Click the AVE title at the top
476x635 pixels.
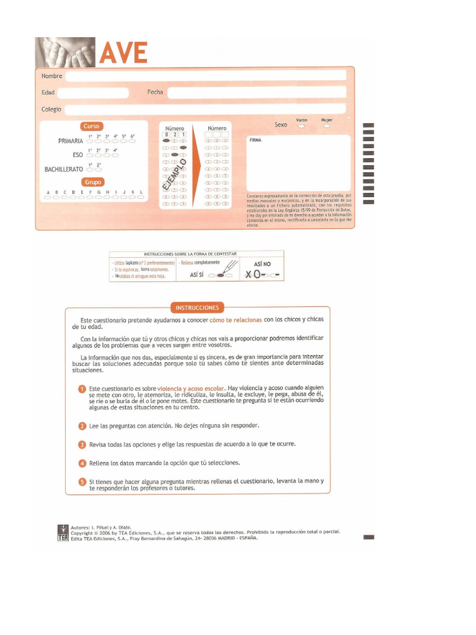click(124, 53)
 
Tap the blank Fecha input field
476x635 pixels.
click(256, 93)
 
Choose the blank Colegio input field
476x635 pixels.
click(205, 110)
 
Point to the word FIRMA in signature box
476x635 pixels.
click(255, 141)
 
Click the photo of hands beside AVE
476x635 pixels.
click(66, 51)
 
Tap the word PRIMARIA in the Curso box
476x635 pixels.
click(70, 141)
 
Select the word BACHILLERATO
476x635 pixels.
click(63, 169)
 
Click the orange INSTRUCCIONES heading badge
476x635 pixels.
click(197, 307)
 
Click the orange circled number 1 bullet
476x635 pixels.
click(82, 389)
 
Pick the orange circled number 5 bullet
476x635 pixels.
click(82, 482)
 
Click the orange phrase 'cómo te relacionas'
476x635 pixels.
click(236, 320)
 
